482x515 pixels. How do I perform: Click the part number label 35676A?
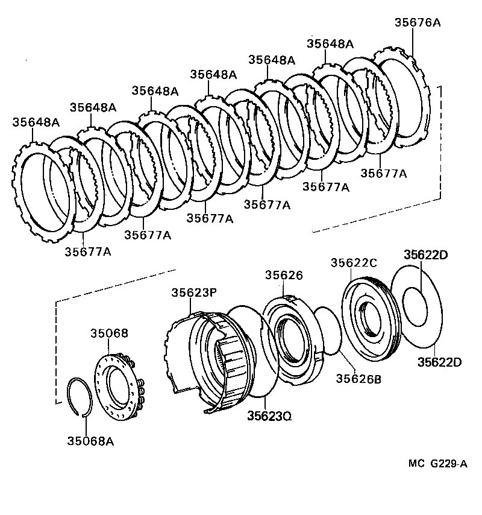[x=418, y=22]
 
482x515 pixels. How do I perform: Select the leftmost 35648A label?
[x=36, y=122]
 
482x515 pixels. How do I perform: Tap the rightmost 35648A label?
[x=330, y=43]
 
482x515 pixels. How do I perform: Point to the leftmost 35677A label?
[x=88, y=251]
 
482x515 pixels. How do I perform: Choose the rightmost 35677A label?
[x=384, y=173]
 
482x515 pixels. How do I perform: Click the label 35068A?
[x=90, y=441]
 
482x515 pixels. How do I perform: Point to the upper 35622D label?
[x=426, y=254]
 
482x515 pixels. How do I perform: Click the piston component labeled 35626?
[x=289, y=341]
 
